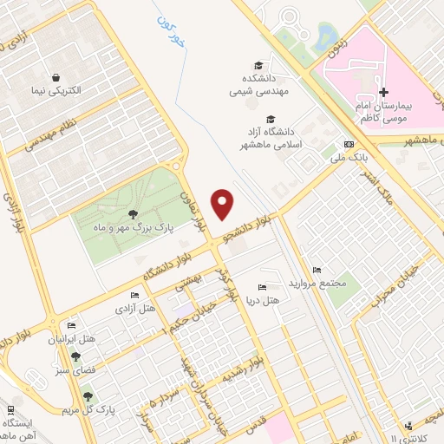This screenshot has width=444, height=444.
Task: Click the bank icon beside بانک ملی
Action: [x=349, y=144]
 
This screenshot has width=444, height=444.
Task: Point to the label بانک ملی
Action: [x=331, y=159]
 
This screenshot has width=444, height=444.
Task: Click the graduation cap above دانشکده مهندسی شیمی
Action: [x=258, y=65]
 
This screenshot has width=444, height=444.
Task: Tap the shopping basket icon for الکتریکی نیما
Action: [x=56, y=77]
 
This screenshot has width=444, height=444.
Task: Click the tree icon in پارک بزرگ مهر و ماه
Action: [x=133, y=213]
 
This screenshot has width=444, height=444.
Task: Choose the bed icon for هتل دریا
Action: [x=262, y=287]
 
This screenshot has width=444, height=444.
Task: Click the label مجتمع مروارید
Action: [x=320, y=284]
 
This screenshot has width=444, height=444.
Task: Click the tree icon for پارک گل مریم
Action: [x=86, y=395]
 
